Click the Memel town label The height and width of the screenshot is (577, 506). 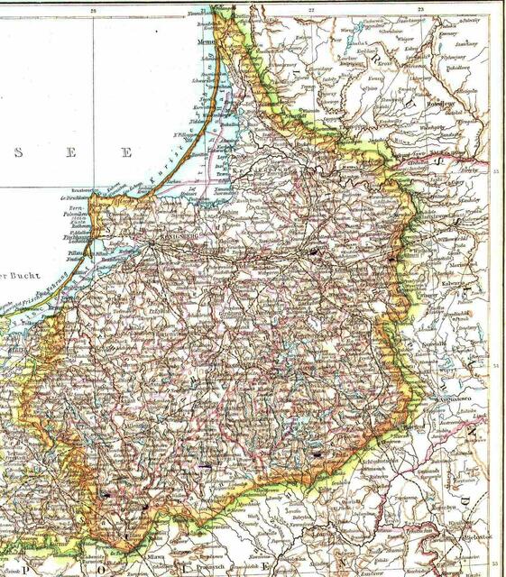(208, 41)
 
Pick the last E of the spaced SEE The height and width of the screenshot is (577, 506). (127, 152)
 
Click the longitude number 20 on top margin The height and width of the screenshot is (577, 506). (93, 11)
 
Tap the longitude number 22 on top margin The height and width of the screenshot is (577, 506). (310, 11)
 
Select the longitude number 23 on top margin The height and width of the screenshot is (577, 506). (421, 11)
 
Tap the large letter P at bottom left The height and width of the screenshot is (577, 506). (9, 568)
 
